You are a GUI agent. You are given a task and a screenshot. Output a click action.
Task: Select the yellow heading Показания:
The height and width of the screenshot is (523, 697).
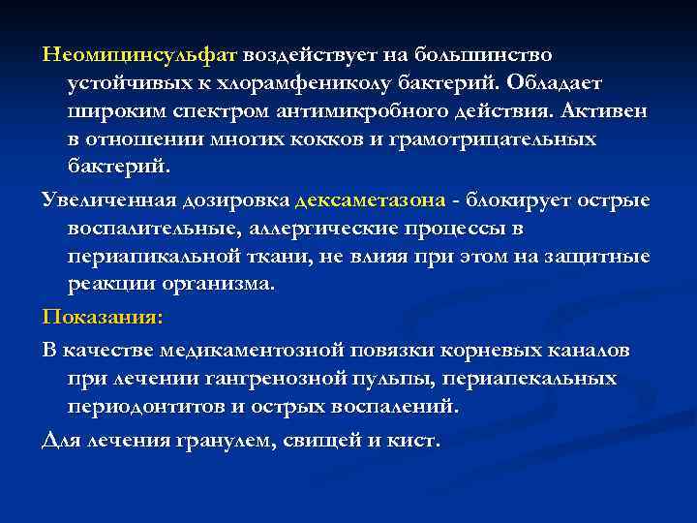103,317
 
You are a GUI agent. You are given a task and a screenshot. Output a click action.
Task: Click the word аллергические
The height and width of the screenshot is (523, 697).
310,229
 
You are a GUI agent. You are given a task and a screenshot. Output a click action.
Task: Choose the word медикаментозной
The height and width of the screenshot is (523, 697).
249,347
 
